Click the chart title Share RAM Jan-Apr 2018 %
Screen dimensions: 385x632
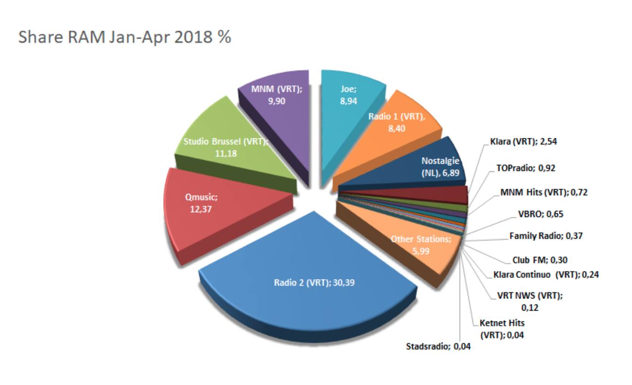click(124, 37)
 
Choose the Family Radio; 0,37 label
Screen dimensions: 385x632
click(546, 236)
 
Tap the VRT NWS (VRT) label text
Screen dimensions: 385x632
click(530, 296)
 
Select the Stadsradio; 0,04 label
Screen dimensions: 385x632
click(438, 347)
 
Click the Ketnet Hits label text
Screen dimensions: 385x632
click(502, 323)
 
